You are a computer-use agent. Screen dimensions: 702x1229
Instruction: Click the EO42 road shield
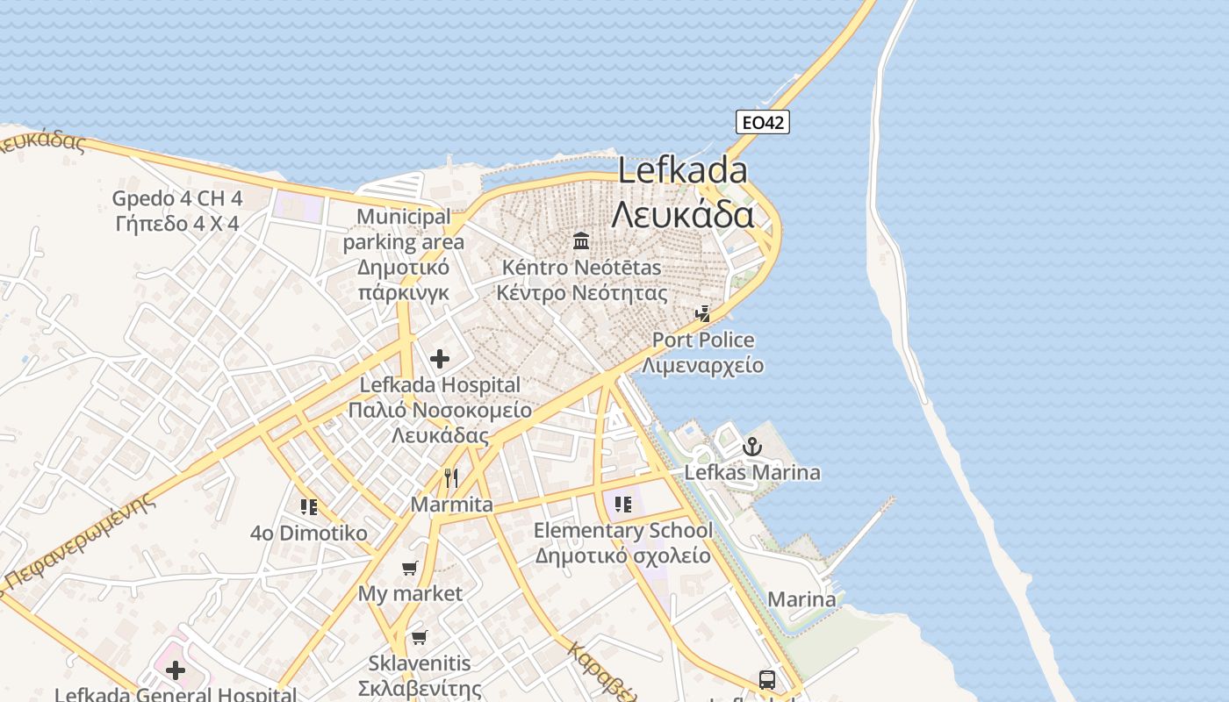click(762, 123)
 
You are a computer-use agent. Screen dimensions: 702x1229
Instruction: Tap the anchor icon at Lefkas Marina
click(751, 448)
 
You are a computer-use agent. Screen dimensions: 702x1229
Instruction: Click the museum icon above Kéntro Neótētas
click(581, 240)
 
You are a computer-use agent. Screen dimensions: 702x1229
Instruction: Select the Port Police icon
click(702, 314)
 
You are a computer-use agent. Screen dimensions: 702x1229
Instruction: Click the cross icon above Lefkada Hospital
click(440, 359)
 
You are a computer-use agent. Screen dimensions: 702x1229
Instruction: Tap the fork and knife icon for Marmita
click(451, 478)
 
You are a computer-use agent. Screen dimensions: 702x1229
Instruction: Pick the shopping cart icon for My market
click(410, 569)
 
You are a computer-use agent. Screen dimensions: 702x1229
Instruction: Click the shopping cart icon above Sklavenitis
click(420, 637)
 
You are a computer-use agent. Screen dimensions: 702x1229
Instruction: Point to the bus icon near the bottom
click(766, 679)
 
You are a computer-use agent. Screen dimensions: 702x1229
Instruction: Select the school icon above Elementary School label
click(623, 505)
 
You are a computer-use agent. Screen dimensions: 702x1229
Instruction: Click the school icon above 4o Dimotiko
click(308, 507)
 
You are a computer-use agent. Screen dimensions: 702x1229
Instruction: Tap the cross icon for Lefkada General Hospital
click(176, 671)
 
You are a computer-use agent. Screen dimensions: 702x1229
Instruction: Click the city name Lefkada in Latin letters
click(682, 170)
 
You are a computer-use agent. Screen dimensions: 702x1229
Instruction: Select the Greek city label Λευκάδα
click(682, 214)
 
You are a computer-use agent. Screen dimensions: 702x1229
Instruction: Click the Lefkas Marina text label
click(752, 473)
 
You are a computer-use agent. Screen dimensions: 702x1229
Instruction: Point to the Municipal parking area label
click(404, 228)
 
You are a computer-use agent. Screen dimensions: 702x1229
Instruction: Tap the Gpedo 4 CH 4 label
click(177, 198)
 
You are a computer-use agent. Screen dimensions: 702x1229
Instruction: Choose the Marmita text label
click(451, 505)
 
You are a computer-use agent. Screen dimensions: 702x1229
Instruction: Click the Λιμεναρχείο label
click(702, 365)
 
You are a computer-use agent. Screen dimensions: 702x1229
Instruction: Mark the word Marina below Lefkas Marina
click(801, 600)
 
